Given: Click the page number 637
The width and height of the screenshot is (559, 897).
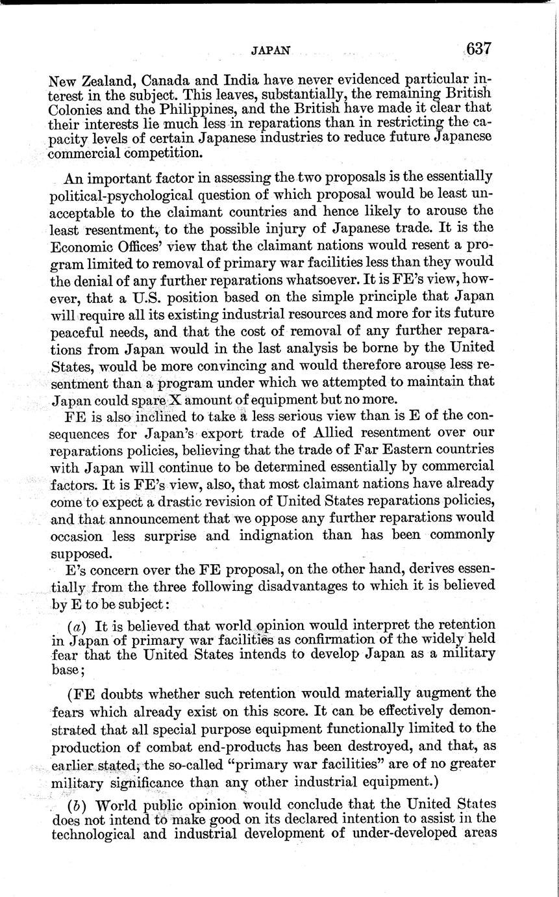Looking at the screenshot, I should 477,49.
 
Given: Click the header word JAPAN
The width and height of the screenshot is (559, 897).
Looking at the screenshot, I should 270,49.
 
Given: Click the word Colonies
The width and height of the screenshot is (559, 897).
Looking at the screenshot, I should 78,109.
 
